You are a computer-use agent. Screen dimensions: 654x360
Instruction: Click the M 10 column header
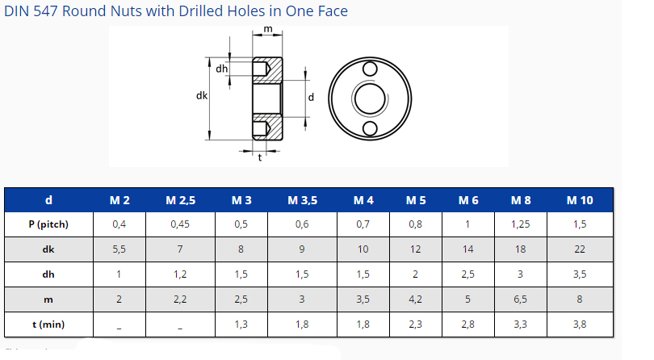580,200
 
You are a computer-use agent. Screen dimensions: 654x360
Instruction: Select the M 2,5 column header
180,200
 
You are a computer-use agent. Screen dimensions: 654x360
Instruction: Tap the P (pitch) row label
48,224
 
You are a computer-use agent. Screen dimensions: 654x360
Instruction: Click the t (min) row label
48,324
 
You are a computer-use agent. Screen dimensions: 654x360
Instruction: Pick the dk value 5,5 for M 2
119,249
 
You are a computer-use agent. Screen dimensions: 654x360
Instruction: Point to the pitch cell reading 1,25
520,224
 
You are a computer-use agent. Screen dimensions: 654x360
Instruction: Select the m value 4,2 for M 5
416,299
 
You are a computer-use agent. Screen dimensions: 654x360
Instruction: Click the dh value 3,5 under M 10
580,274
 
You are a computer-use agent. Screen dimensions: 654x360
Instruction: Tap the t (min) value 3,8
580,324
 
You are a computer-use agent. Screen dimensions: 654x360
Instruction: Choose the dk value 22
580,249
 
